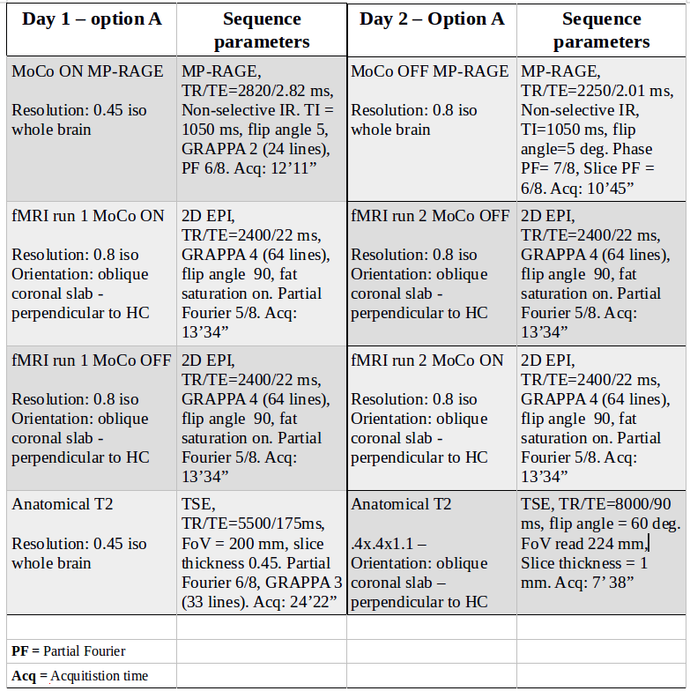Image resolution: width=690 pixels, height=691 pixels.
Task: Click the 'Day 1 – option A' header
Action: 92,19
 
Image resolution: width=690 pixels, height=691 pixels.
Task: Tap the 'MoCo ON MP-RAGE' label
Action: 87,71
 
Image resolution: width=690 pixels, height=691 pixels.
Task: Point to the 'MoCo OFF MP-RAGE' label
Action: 429,71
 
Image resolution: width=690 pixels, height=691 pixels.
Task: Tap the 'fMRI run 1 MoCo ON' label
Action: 87,216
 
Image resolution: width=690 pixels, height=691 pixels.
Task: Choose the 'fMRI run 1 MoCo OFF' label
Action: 91,360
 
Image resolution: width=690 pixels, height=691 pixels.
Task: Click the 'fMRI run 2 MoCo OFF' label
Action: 430,216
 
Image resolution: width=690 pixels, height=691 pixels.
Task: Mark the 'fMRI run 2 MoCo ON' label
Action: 427,360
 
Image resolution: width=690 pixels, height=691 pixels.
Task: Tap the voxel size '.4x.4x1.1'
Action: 383,544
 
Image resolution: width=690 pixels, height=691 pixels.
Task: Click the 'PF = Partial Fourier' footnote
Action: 69,651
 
